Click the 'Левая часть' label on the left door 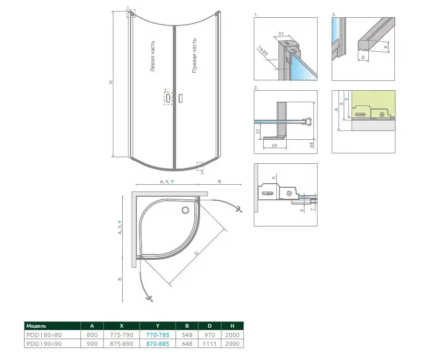pyautogui.click(x=153, y=56)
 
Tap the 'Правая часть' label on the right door pyautogui.click(x=194, y=55)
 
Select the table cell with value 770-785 pyautogui.click(x=158, y=335)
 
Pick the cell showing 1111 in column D pyautogui.click(x=209, y=344)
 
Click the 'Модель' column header pyautogui.click(x=36, y=326)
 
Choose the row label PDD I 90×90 pyautogui.click(x=44, y=344)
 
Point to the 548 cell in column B pyautogui.click(x=187, y=335)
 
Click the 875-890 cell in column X pyautogui.click(x=121, y=344)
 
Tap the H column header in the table pyautogui.click(x=232, y=326)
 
